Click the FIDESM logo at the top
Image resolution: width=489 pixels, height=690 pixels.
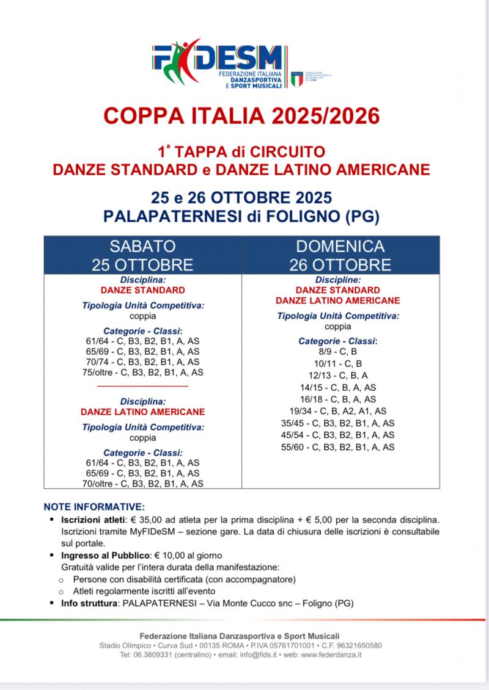220,65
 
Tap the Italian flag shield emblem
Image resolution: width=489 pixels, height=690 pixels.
296,78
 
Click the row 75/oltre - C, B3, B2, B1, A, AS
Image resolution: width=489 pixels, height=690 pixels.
142,371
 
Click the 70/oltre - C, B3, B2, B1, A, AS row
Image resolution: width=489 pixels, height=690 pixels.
142,483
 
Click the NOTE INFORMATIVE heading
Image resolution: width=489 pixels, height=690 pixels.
94,507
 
